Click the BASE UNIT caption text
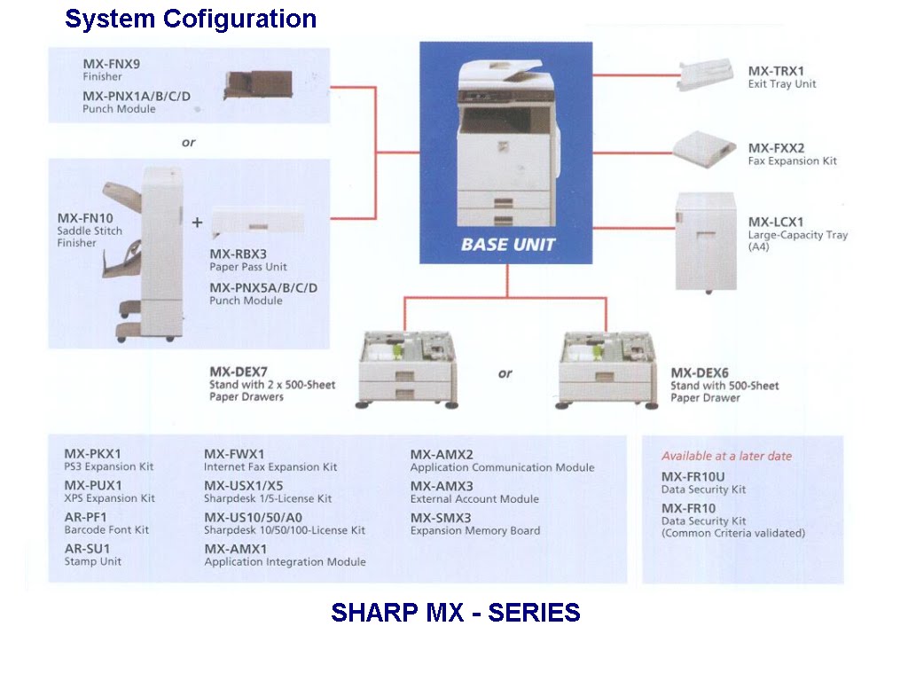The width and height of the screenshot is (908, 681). pyautogui.click(x=507, y=244)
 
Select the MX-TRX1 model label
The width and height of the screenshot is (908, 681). pyautogui.click(x=776, y=71)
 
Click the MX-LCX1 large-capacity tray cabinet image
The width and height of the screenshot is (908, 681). pyautogui.click(x=706, y=241)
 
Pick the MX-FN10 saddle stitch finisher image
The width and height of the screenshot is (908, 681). pyautogui.click(x=143, y=254)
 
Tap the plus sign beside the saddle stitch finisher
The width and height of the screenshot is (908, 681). pyautogui.click(x=197, y=223)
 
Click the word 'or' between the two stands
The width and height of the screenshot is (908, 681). pyautogui.click(x=505, y=373)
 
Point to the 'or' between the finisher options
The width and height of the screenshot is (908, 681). pyautogui.click(x=188, y=142)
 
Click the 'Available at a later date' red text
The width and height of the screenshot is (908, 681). pyautogui.click(x=726, y=456)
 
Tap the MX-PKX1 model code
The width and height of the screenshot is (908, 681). pyautogui.click(x=93, y=454)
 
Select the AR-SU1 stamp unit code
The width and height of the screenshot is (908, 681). pyautogui.click(x=87, y=549)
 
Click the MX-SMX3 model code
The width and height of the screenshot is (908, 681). pyautogui.click(x=441, y=518)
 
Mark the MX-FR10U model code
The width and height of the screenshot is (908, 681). pyautogui.click(x=693, y=476)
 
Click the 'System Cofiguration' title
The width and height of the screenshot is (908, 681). pyautogui.click(x=191, y=19)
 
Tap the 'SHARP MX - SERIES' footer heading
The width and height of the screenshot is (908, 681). pyautogui.click(x=455, y=613)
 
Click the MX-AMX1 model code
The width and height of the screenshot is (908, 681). pyautogui.click(x=235, y=549)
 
